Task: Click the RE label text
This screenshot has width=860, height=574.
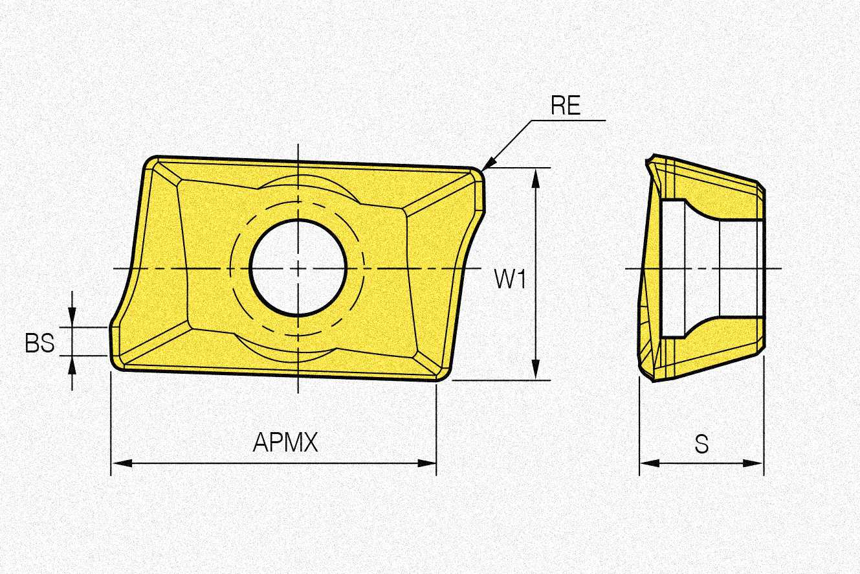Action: pyautogui.click(x=566, y=106)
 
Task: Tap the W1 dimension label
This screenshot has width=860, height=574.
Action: pyautogui.click(x=511, y=279)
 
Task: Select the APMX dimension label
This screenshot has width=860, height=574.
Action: pyautogui.click(x=285, y=442)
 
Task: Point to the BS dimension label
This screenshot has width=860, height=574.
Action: pyautogui.click(x=39, y=343)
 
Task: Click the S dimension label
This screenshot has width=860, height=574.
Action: pyautogui.click(x=701, y=444)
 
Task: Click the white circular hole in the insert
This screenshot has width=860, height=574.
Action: pyautogui.click(x=298, y=268)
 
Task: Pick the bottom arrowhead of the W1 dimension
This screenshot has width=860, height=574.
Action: pyautogui.click(x=536, y=370)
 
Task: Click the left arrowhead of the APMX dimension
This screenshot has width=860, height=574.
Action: pyautogui.click(x=122, y=463)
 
